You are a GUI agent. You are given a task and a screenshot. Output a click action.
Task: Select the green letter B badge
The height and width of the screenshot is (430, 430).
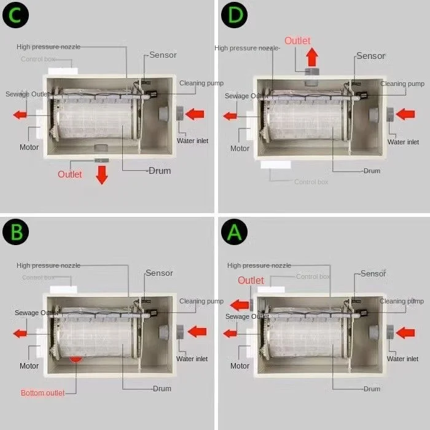(x=16, y=232)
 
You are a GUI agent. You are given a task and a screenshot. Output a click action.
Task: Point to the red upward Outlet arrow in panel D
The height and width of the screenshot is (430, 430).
(x=312, y=57)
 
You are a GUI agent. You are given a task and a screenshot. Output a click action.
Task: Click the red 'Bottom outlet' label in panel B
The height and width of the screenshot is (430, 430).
(x=43, y=393)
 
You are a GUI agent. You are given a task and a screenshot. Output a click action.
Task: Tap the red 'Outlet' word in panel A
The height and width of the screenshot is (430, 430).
(x=251, y=281)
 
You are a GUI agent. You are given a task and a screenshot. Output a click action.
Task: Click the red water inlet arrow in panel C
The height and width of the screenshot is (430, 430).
(x=195, y=114)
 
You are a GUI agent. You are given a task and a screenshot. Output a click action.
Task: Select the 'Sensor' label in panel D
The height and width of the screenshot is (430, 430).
(x=370, y=56)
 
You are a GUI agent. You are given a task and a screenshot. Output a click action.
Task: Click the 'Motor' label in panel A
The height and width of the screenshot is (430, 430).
(x=240, y=366)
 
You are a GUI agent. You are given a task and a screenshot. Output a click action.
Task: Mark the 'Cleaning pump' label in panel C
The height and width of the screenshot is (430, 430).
(x=201, y=84)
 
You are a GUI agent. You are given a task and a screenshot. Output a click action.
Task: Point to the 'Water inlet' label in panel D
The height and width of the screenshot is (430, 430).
(x=403, y=142)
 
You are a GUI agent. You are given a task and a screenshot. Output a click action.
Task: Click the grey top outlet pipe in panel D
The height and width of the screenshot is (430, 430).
(x=312, y=77)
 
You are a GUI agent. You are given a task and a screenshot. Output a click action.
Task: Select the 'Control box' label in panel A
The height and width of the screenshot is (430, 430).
(x=313, y=276)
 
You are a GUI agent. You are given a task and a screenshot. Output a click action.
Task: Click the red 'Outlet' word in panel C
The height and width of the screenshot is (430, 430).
(x=69, y=174)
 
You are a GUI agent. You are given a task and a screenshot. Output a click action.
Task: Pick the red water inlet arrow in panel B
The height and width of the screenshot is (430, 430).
(x=197, y=332)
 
